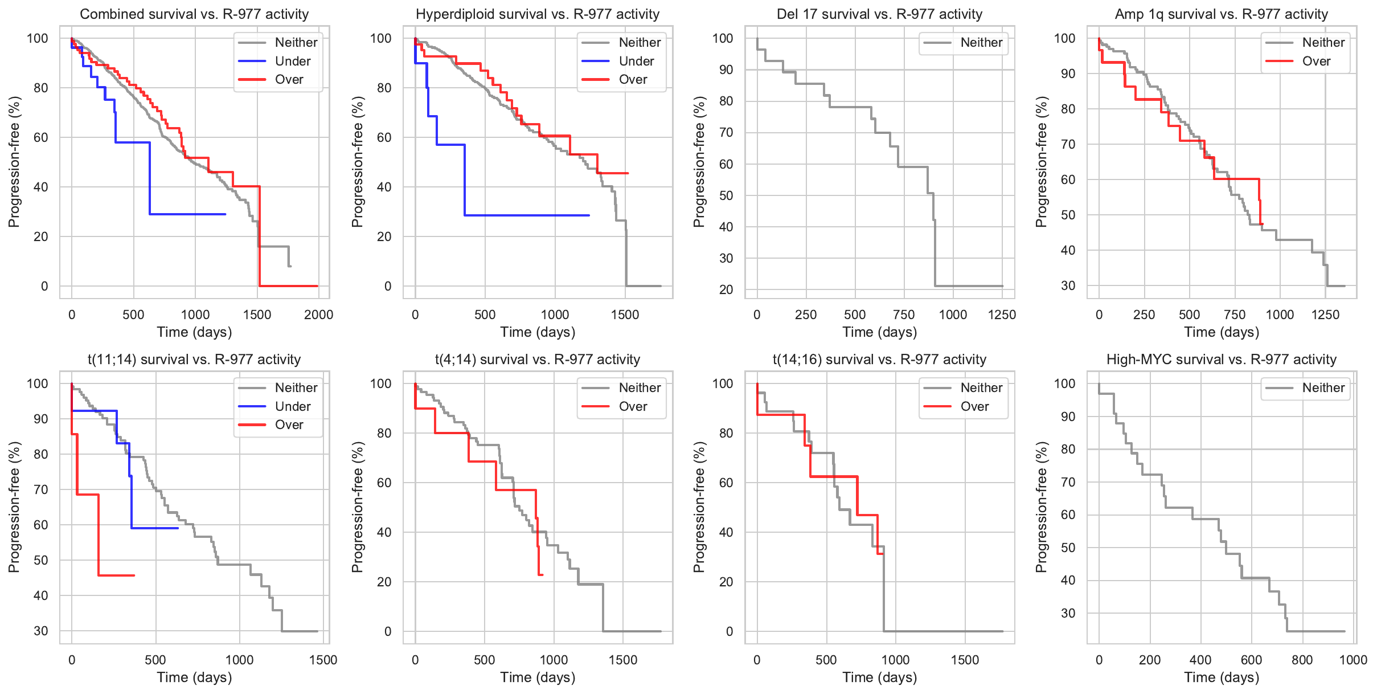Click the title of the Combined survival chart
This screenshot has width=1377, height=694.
tap(194, 14)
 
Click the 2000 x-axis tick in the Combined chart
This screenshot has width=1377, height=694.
tap(318, 315)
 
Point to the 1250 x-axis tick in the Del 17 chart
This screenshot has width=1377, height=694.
tap(1002, 315)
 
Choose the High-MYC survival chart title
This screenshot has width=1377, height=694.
tap(1221, 360)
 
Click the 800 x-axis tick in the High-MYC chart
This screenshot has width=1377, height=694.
tap(1302, 660)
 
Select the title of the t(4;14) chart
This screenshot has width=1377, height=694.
tap(537, 360)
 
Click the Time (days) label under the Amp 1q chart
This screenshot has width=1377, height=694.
tap(1221, 332)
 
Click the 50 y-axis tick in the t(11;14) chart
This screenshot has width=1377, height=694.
tap(41, 560)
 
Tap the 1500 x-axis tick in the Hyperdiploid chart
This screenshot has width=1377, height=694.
tap(625, 315)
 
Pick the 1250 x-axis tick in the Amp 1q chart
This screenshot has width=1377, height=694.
tap(1325, 315)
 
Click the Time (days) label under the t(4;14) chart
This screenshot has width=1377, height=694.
tap(537, 677)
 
